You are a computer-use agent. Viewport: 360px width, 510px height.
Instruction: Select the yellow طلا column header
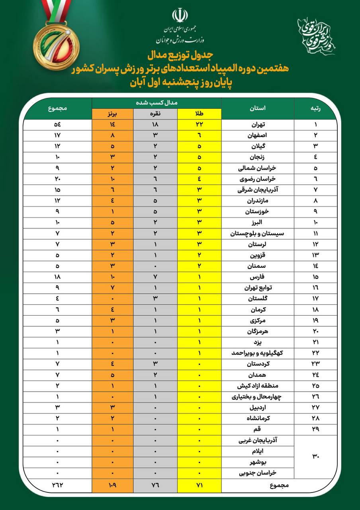[x=199, y=114]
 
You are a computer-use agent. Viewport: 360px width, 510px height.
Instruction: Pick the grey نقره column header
[x=156, y=114]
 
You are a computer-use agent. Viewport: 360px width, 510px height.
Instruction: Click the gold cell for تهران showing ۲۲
[x=199, y=125]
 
